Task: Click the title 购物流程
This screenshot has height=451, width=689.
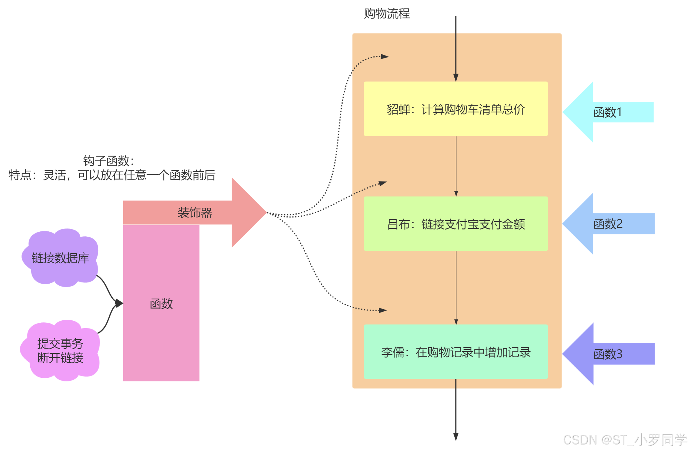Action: (x=387, y=14)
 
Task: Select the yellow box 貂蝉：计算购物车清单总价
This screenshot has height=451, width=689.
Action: (x=455, y=109)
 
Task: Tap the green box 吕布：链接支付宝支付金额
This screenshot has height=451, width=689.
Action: (x=455, y=224)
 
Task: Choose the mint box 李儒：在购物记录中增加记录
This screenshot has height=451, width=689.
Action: (x=455, y=352)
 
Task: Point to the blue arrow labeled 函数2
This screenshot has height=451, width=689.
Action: (x=608, y=224)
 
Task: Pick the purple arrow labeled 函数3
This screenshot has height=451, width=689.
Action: (x=608, y=354)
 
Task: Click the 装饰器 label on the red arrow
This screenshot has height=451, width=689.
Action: (x=195, y=213)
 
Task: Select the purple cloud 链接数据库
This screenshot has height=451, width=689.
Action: (x=60, y=258)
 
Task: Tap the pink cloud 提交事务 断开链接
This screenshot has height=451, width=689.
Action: (x=60, y=351)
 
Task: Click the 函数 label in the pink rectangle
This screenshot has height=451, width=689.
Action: (x=161, y=304)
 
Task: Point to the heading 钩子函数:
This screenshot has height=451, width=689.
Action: (x=108, y=161)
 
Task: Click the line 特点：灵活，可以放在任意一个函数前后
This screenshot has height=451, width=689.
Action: (x=112, y=175)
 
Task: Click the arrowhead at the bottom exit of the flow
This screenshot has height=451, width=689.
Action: (x=456, y=437)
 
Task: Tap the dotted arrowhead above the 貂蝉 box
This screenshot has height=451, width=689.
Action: (x=384, y=56)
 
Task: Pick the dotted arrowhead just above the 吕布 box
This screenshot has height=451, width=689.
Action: (x=382, y=183)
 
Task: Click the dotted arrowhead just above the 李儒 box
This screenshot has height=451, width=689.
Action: (x=383, y=310)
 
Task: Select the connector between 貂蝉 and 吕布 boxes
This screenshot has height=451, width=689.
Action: (x=456, y=166)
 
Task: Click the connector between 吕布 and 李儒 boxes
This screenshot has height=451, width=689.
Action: (x=456, y=287)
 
